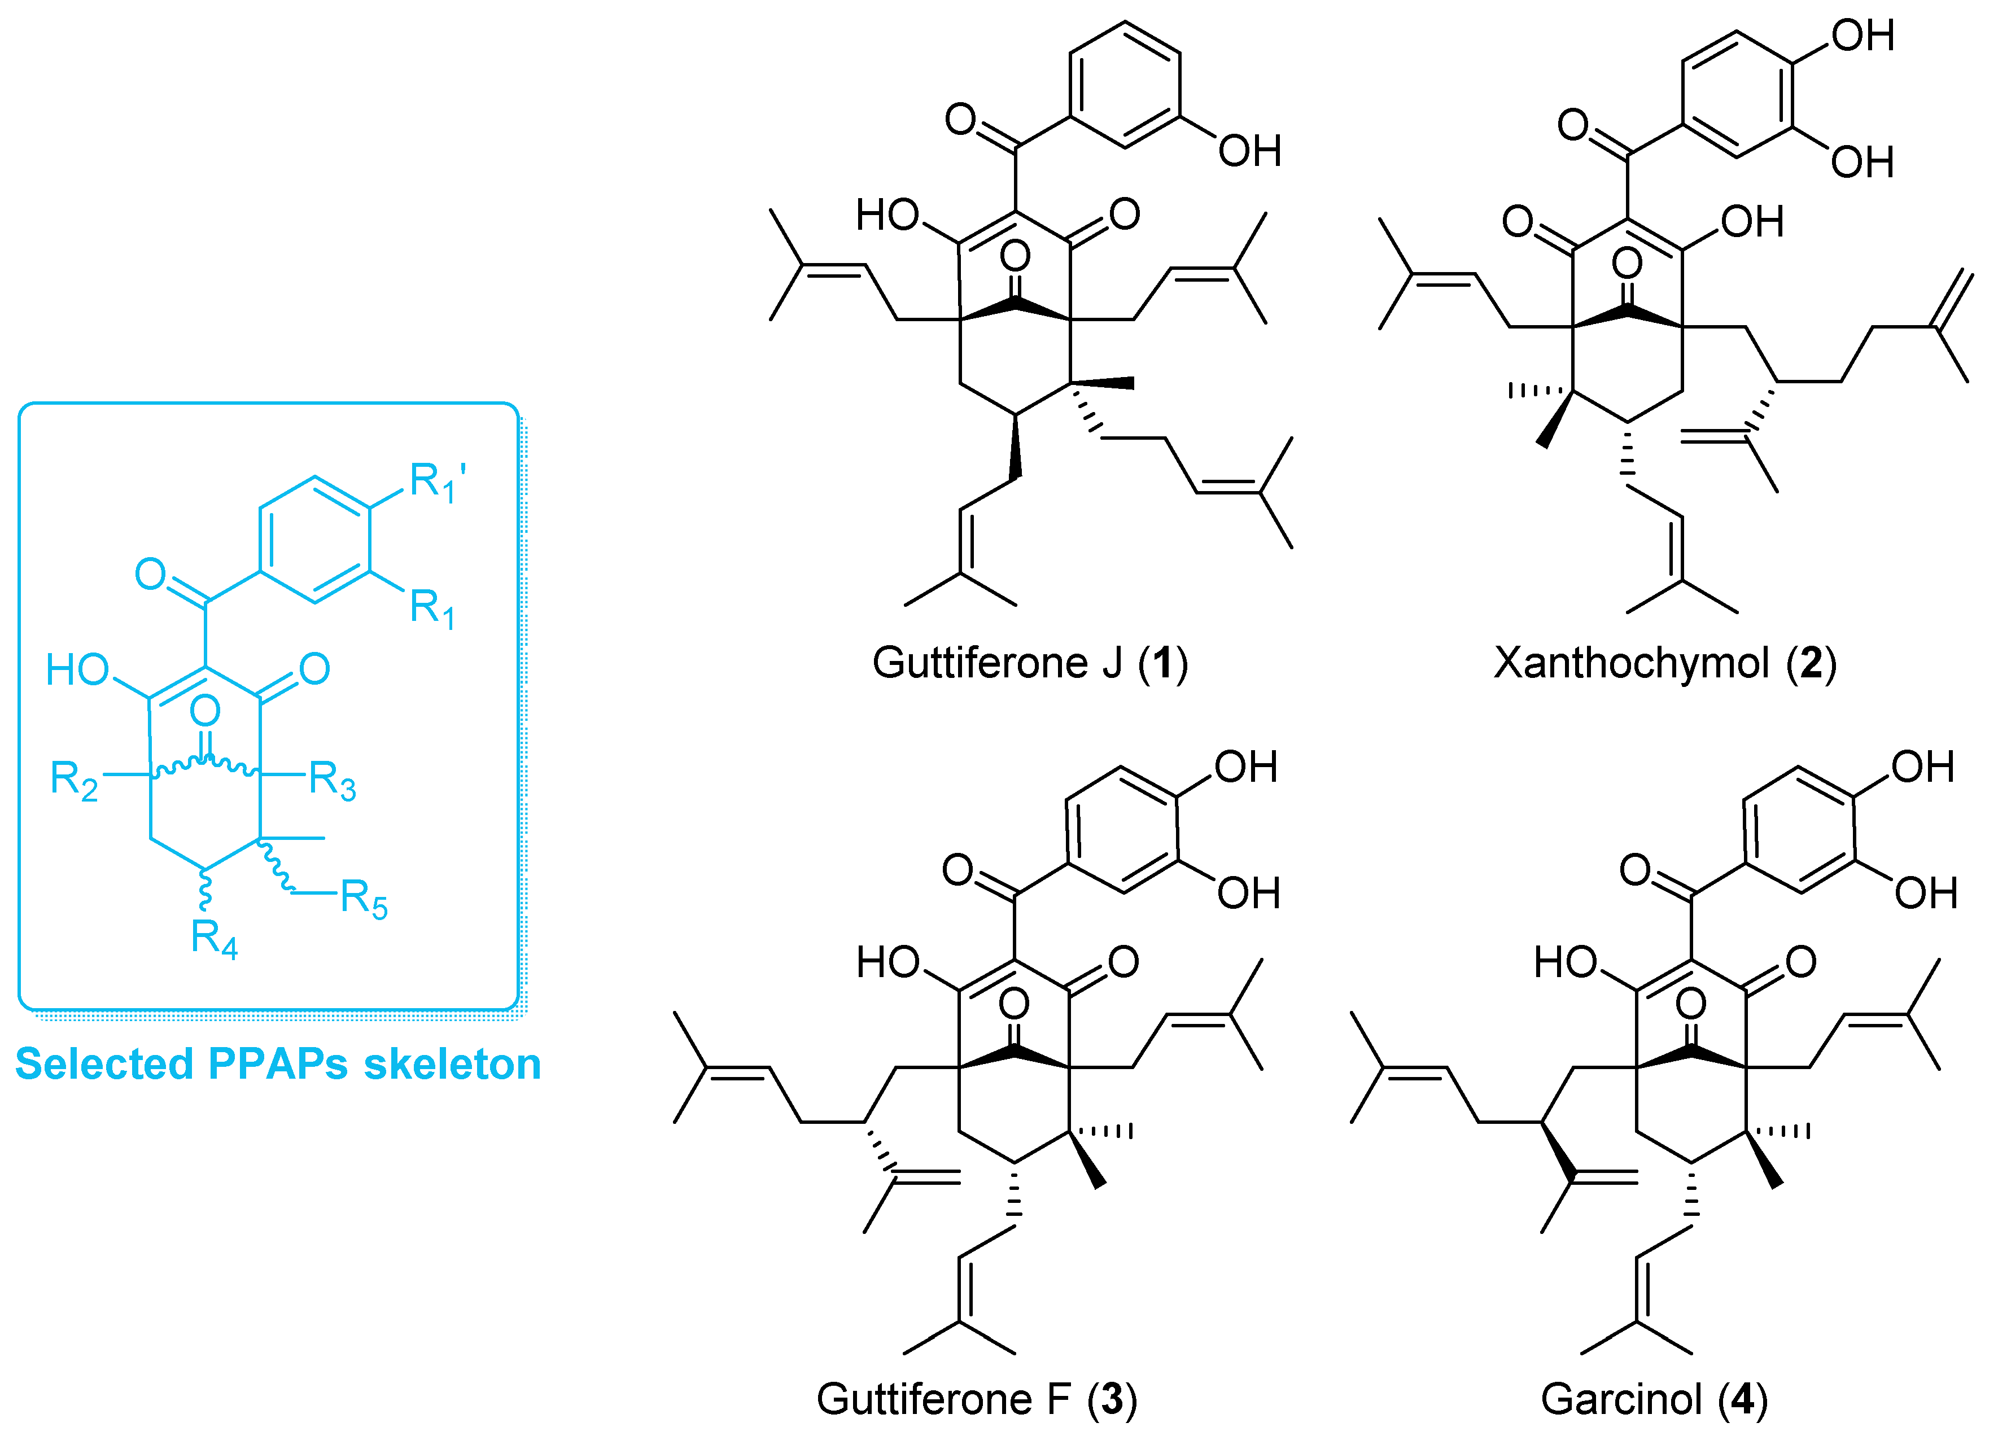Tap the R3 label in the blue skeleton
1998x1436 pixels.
point(332,781)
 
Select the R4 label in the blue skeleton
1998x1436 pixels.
point(214,938)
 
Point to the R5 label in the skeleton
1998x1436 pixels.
point(363,900)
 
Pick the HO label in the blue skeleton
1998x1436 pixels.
point(77,671)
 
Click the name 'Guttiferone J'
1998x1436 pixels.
point(996,663)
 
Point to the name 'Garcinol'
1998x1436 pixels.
point(1621,1399)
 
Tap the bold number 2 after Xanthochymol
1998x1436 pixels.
point(1811,663)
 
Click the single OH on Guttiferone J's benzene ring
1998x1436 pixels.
point(1249,151)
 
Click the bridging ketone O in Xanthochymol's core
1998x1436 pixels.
point(1627,262)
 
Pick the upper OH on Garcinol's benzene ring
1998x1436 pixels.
point(1922,767)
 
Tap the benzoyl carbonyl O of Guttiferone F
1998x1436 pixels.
point(958,869)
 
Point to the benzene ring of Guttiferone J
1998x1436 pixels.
point(1125,85)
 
